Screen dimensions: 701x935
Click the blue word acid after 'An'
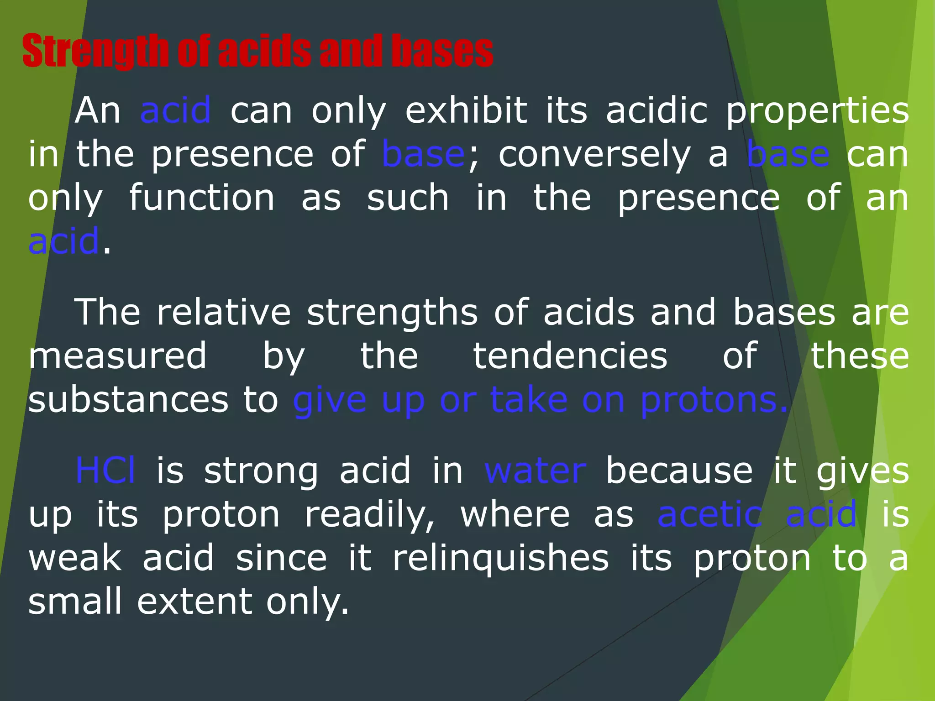175,110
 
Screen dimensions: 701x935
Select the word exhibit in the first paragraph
466,110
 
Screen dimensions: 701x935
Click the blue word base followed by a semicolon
423,154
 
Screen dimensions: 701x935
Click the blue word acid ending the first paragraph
63,241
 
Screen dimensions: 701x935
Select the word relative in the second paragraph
224,312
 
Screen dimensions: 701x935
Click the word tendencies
570,356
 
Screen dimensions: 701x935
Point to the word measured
117,356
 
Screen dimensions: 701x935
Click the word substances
128,400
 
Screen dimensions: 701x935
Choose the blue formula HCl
105,470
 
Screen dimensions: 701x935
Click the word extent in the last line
194,602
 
